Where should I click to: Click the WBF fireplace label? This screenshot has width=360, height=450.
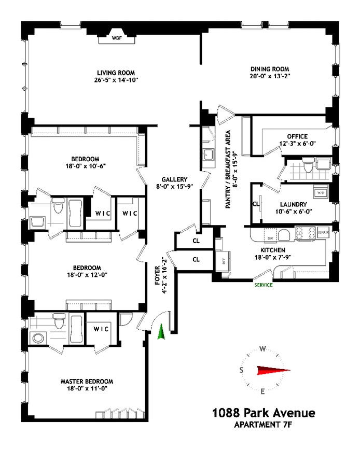click(x=117, y=38)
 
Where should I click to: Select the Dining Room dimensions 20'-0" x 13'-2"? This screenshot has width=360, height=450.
click(x=270, y=76)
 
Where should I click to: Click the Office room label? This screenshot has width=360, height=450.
click(x=297, y=136)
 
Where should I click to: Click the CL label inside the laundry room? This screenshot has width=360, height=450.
click(x=256, y=204)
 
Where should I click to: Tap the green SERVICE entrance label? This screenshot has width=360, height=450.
click(x=263, y=285)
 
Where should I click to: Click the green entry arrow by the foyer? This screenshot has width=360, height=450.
click(x=161, y=332)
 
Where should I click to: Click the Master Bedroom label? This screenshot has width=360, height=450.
click(x=87, y=381)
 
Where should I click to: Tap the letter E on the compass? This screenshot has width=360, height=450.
click(x=262, y=391)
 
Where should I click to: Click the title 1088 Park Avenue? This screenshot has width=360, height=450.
click(x=263, y=413)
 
